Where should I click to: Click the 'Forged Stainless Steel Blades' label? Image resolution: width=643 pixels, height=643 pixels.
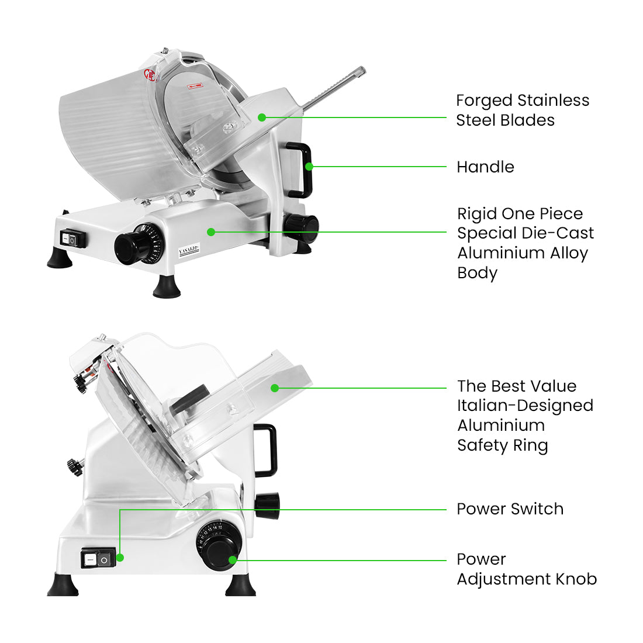[522, 110]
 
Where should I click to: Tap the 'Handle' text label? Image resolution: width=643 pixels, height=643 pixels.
[485, 167]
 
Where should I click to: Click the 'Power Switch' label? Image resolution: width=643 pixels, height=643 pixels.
[510, 509]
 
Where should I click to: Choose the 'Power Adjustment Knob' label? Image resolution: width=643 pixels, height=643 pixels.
[526, 569]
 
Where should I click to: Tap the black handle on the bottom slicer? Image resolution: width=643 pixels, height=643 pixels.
[268, 450]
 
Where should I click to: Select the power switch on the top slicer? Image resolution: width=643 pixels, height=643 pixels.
[72, 238]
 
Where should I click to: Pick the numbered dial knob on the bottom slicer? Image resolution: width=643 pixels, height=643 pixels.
[219, 550]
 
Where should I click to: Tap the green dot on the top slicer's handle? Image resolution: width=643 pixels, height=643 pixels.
[309, 167]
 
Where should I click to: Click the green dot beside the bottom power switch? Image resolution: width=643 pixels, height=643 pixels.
[120, 558]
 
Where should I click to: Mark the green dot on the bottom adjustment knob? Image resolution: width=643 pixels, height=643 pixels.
[233, 560]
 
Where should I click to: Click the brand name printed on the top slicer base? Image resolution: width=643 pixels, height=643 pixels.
[189, 250]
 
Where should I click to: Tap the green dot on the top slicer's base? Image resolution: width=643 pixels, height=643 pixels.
[211, 232]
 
